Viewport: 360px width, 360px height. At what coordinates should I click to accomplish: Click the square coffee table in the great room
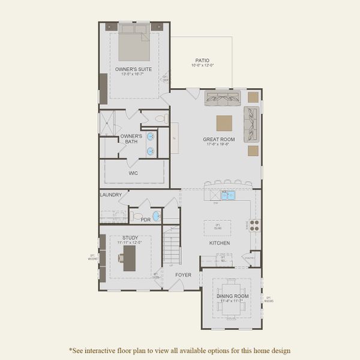click(x=225, y=123)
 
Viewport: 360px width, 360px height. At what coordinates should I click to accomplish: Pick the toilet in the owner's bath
click(x=161, y=119)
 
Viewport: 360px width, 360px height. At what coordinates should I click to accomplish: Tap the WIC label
click(x=133, y=173)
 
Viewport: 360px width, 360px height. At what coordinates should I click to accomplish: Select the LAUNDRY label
click(x=112, y=194)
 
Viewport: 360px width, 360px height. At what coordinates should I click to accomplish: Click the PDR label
click(x=145, y=220)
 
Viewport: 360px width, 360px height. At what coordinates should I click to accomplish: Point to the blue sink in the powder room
click(x=156, y=215)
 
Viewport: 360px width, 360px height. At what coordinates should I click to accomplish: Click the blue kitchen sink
click(x=227, y=195)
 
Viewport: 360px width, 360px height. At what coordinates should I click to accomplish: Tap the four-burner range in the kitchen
click(x=254, y=226)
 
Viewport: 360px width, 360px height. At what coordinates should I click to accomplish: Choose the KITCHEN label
click(x=219, y=243)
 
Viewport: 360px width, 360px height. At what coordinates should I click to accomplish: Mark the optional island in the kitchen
click(x=218, y=227)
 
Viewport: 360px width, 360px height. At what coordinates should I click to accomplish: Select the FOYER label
click(x=183, y=275)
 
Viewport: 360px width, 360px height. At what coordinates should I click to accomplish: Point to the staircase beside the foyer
click(x=172, y=246)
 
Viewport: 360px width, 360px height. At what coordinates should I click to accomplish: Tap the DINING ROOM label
click(x=232, y=296)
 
